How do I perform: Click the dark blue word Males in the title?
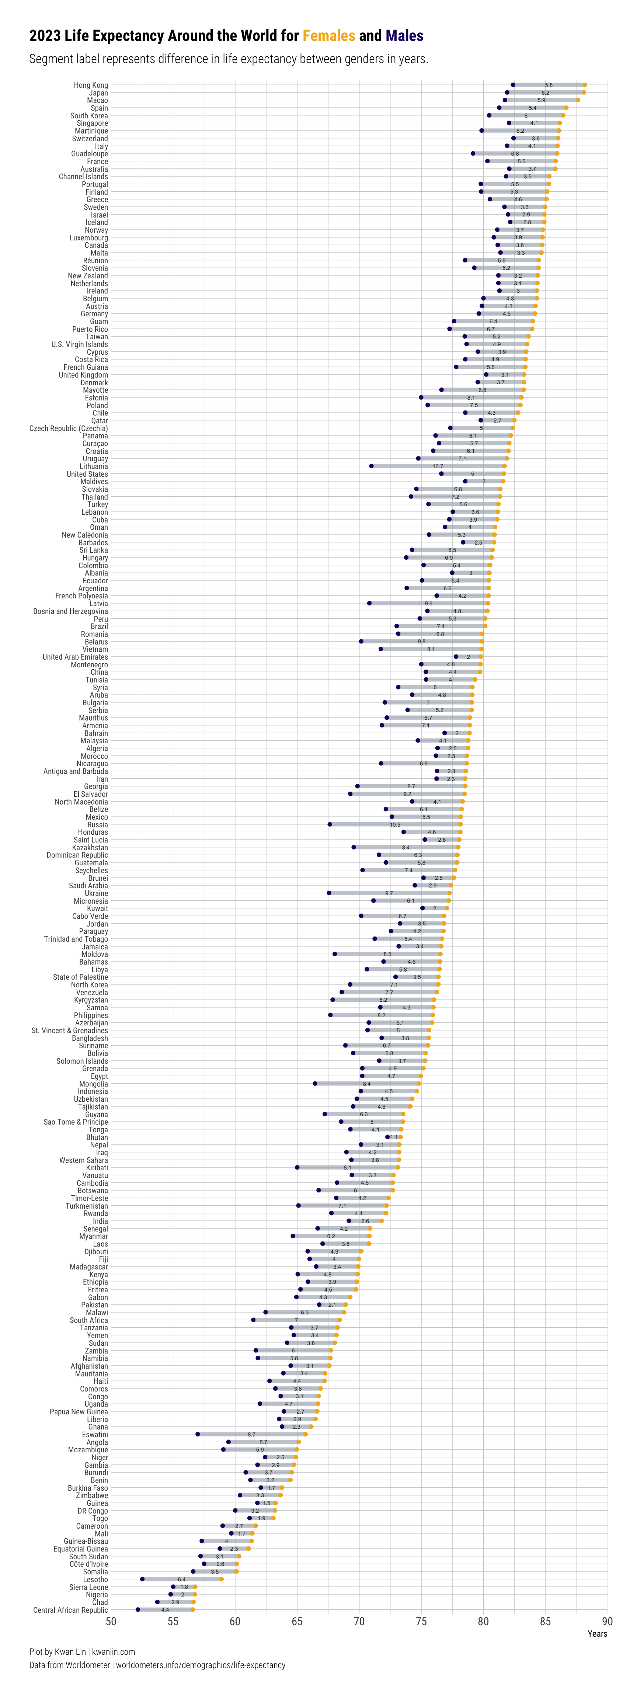pyautogui.click(x=404, y=36)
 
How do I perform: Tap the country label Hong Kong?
pyautogui.click(x=91, y=85)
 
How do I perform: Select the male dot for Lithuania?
pyautogui.click(x=371, y=466)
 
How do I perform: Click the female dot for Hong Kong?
pyautogui.click(x=584, y=85)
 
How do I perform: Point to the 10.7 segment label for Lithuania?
pyautogui.click(x=438, y=466)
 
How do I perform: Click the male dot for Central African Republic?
pyautogui.click(x=138, y=1610)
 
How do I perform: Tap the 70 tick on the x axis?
pyautogui.click(x=359, y=1622)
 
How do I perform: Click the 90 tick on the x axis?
pyautogui.click(x=607, y=1622)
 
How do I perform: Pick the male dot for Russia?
pyautogui.click(x=330, y=824)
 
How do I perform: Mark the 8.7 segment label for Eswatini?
pyautogui.click(x=251, y=1435)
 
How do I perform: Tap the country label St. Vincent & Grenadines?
pyautogui.click(x=70, y=1030)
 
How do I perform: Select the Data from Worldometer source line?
pyautogui.click(x=157, y=1665)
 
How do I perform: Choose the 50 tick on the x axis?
pyautogui.click(x=111, y=1622)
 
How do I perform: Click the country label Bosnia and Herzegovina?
pyautogui.click(x=70, y=611)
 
